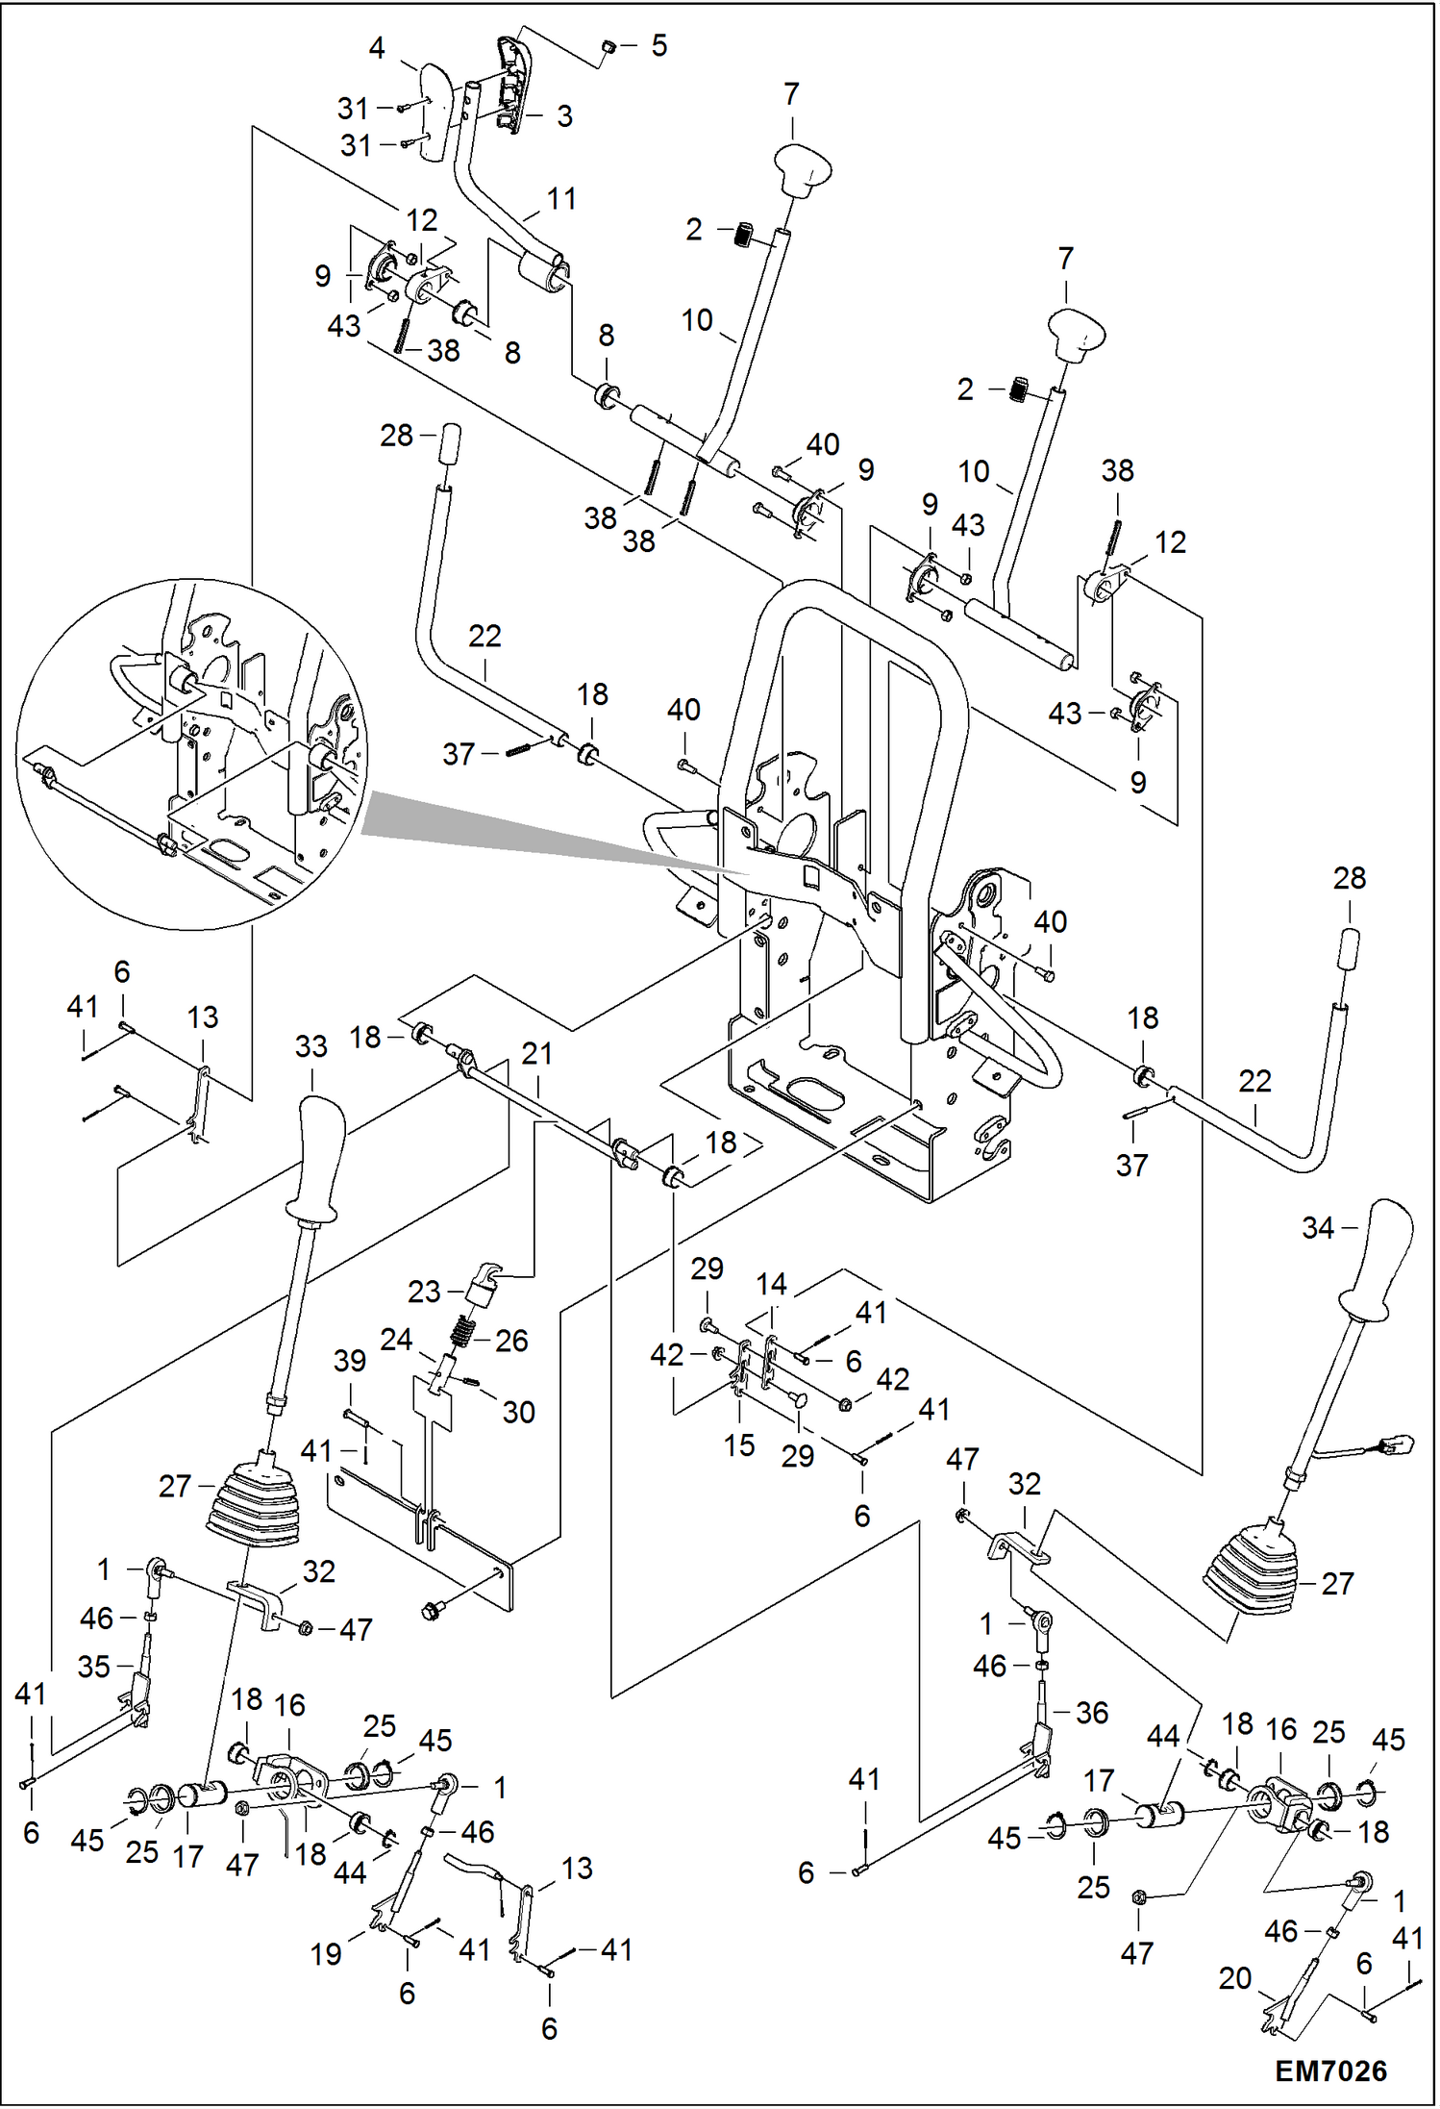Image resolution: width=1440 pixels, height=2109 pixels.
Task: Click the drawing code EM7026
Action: tap(1330, 2071)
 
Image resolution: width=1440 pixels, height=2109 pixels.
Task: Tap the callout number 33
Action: tap(310, 1046)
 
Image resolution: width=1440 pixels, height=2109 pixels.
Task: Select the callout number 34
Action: tap(1318, 1228)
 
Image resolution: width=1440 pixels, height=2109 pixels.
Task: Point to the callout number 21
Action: tap(536, 1054)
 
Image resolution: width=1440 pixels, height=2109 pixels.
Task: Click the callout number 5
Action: tap(658, 46)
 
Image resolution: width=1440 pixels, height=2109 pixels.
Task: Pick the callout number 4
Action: tap(377, 48)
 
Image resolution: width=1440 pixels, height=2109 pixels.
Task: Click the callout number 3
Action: tap(564, 116)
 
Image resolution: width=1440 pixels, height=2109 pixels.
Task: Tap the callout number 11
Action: tap(561, 199)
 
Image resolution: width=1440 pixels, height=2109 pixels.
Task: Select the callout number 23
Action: tap(423, 1292)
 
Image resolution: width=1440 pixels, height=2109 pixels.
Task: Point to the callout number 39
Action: tap(350, 1361)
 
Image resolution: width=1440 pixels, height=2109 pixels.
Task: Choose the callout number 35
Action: tap(93, 1667)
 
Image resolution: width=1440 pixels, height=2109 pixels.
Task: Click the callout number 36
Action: tap(1092, 1713)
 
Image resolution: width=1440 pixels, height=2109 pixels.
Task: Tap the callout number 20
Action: tap(1234, 1978)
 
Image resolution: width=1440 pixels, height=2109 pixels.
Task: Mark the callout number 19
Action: tap(326, 1954)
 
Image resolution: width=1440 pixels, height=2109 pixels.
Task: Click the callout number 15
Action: tap(738, 1445)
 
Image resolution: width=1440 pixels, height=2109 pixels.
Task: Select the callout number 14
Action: tap(771, 1284)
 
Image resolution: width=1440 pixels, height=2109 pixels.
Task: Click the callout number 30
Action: tap(518, 1412)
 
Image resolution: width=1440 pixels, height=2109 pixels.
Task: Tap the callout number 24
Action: tap(396, 1340)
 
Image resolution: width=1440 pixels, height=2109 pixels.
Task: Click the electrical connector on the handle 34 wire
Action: tap(1396, 1444)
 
